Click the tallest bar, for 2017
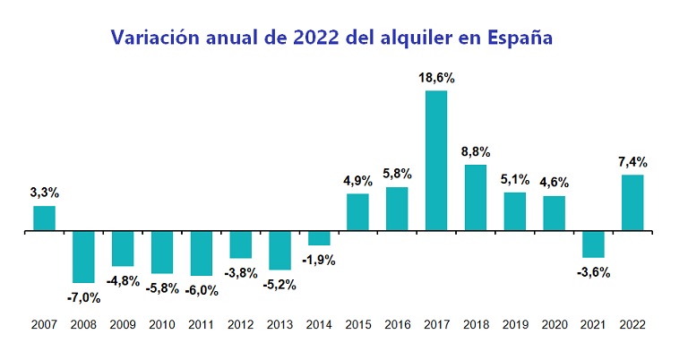tap(436, 161)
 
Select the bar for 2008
tap(83, 257)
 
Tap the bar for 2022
tap(632, 203)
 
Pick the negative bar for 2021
tap(593, 244)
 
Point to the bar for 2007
tap(45, 219)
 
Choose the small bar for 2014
tap(319, 238)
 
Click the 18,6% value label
tap(436, 79)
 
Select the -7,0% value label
tap(83, 296)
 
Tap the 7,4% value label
tap(632, 162)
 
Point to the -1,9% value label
tap(319, 260)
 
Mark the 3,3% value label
tap(45, 192)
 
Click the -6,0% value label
tap(201, 290)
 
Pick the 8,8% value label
tap(476, 152)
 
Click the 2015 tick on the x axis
tap(357, 326)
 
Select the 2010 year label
tap(162, 326)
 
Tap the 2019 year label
tap(514, 326)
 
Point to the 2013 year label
tap(279, 326)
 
